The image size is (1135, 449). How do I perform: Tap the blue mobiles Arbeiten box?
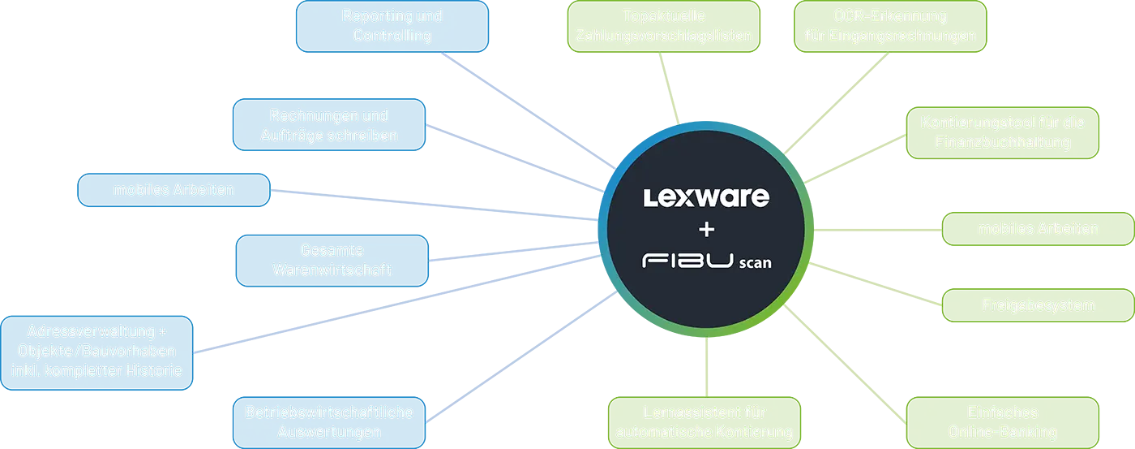click(x=173, y=190)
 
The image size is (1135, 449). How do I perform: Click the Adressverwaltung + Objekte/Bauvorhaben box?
click(x=96, y=351)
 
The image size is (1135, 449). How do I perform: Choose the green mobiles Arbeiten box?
click(x=1038, y=228)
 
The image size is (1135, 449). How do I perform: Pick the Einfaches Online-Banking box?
click(x=1002, y=421)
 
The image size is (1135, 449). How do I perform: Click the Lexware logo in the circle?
click(x=705, y=197)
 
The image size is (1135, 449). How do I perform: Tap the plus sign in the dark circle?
click(x=706, y=230)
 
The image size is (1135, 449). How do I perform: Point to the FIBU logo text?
click(x=686, y=261)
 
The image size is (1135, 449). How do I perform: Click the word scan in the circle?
click(x=755, y=263)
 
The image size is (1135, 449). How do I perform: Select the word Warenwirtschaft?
click(x=332, y=270)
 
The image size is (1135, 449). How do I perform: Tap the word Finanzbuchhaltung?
click(x=1002, y=143)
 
